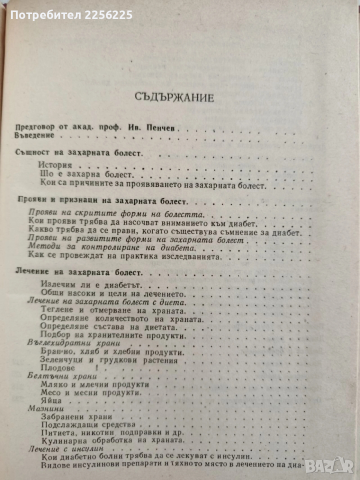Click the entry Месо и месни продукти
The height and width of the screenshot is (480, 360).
click(90, 392)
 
